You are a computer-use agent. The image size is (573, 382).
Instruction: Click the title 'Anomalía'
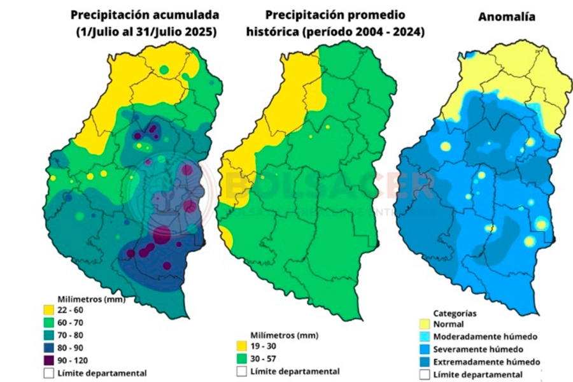(x=506, y=17)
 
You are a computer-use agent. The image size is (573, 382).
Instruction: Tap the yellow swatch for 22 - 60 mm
(x=48, y=310)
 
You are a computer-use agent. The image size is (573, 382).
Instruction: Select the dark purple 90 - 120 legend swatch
(x=48, y=360)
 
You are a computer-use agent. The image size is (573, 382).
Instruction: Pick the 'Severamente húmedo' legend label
(x=478, y=349)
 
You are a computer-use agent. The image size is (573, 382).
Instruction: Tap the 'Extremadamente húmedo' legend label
(x=486, y=362)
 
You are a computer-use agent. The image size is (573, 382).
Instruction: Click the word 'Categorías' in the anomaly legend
(x=455, y=313)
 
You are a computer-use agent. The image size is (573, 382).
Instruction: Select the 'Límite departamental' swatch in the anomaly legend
(x=423, y=374)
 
